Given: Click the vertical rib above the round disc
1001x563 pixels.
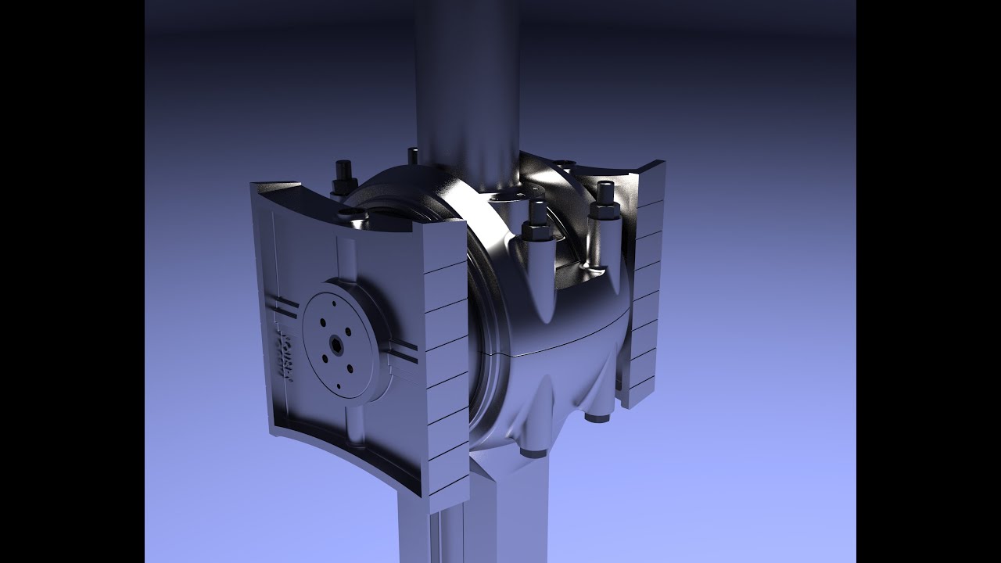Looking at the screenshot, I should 343,258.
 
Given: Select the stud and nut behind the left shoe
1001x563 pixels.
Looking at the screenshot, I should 342,178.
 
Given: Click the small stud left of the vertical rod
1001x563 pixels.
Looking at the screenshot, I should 412,156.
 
